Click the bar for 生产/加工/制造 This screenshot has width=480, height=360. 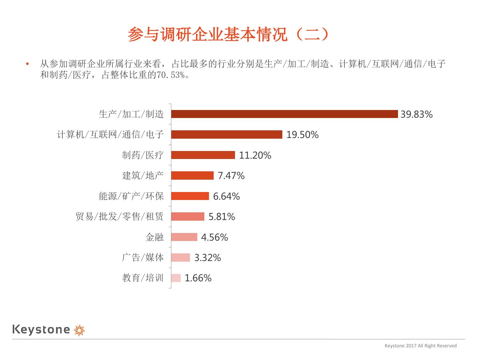284,114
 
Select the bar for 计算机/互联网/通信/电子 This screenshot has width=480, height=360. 227,134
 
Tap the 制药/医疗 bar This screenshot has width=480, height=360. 203,155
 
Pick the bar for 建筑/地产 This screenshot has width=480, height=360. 192,175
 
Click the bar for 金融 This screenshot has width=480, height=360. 184,237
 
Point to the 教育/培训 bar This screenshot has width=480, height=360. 176,278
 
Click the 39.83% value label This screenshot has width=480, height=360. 416,114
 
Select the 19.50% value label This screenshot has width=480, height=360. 302,135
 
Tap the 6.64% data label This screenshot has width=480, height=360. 226,196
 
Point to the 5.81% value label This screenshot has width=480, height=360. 222,217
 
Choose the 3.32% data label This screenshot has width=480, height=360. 207,258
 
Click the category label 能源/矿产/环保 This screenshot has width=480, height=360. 131,196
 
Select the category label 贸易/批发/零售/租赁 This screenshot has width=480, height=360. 120,217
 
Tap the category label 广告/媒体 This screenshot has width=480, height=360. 143,258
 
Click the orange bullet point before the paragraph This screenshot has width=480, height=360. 27,64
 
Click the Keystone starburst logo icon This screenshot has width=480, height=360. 79,330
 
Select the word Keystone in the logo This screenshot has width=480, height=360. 41,330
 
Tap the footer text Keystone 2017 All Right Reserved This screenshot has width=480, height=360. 420,346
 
